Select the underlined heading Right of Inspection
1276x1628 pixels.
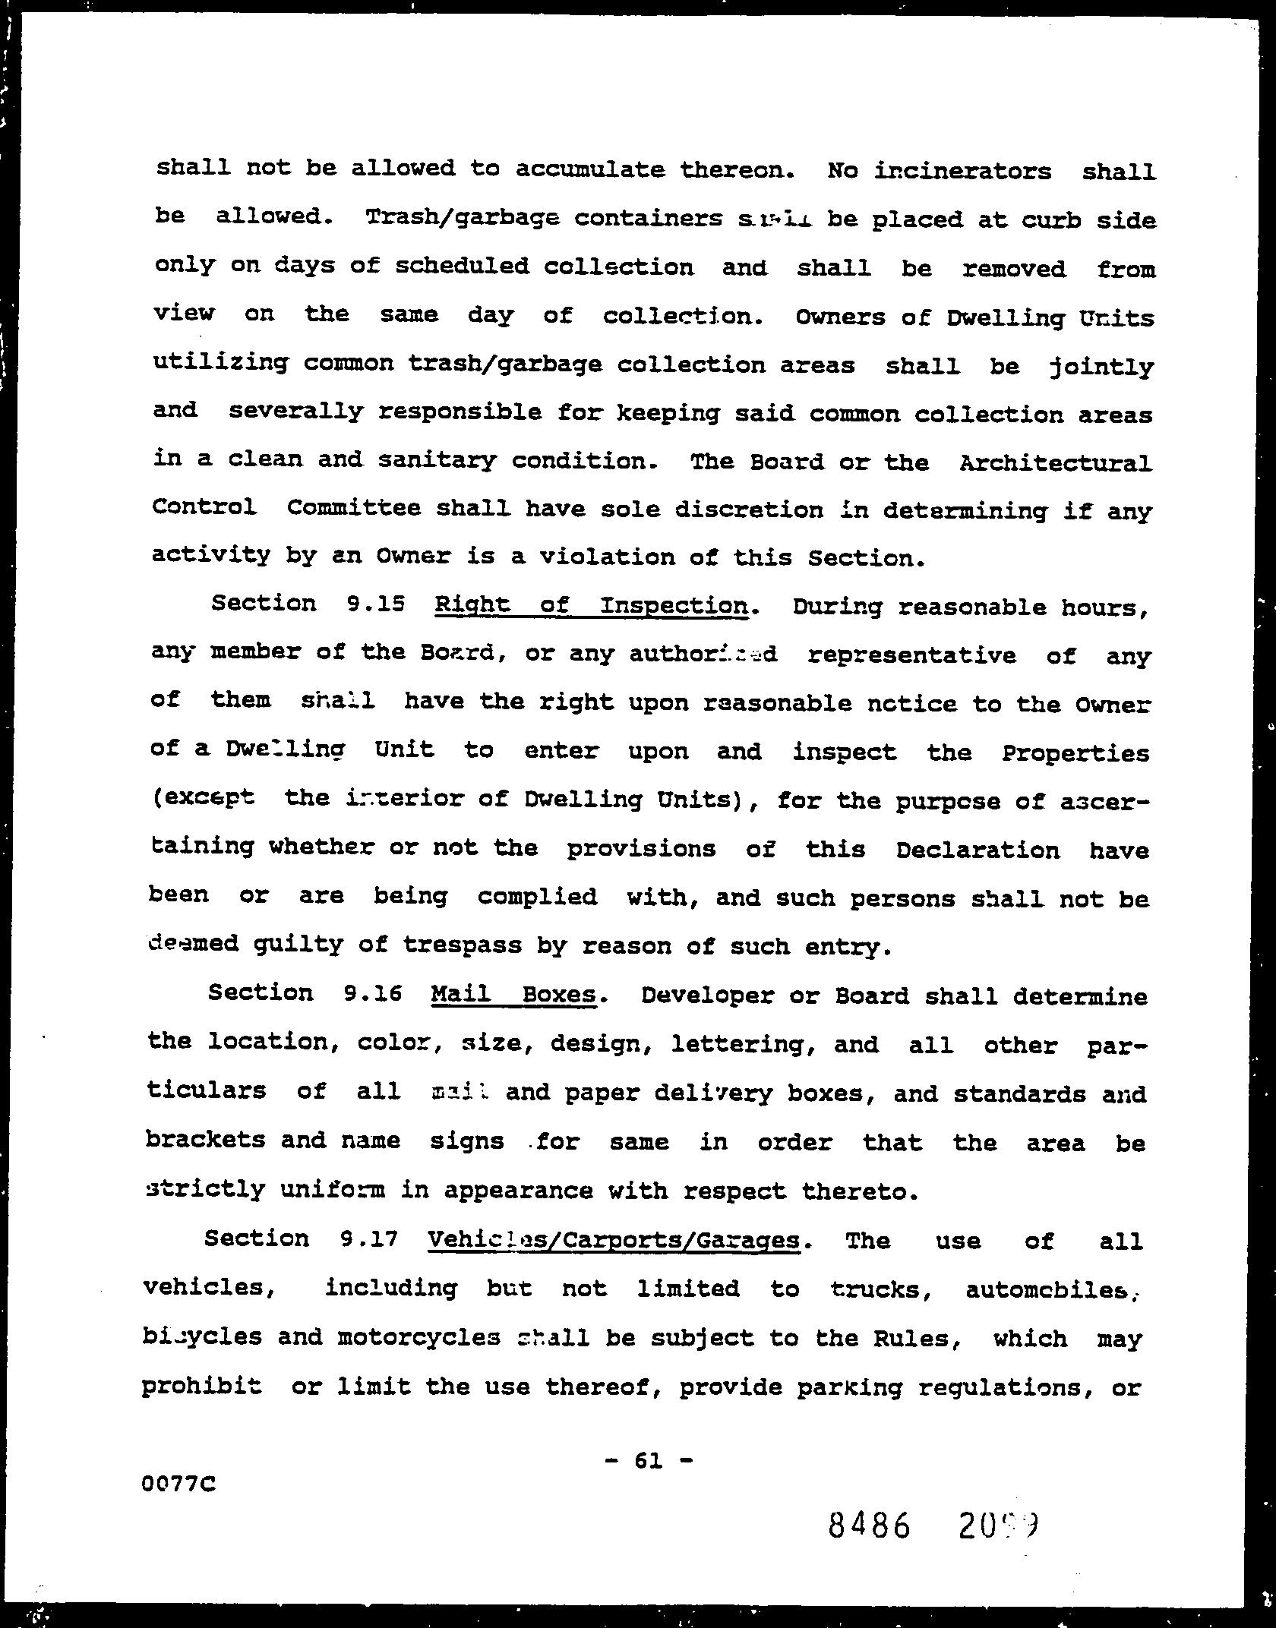591,605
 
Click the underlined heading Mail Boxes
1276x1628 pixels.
513,994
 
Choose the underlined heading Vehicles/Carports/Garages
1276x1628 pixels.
614,1240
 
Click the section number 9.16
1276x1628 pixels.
372,993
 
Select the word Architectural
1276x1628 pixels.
1055,462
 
